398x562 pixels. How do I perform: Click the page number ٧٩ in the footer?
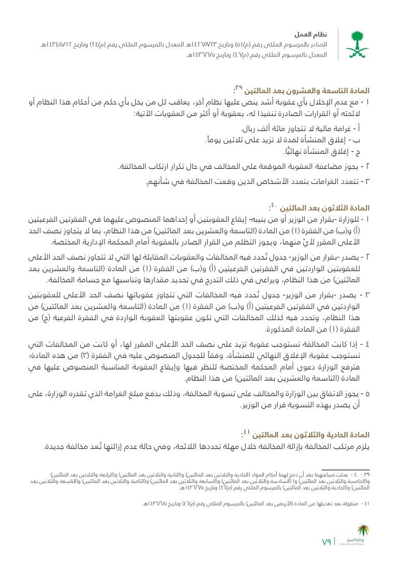(x=326, y=542)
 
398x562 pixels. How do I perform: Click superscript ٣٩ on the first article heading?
(x=239, y=87)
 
